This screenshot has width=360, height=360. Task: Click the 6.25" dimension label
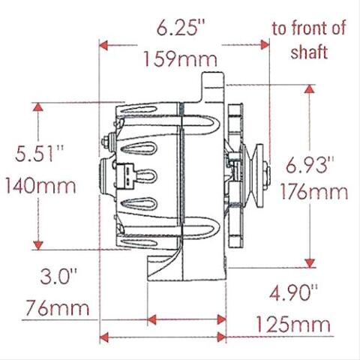[181, 28]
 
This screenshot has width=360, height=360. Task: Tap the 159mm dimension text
[181, 59]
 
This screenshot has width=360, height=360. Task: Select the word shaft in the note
[309, 52]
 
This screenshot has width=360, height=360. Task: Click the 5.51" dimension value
[39, 153]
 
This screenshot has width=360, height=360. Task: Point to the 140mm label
[40, 185]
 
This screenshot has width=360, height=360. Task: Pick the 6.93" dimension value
[310, 165]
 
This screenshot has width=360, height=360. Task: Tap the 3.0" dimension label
[58, 276]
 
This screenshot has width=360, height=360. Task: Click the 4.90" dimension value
[293, 292]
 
